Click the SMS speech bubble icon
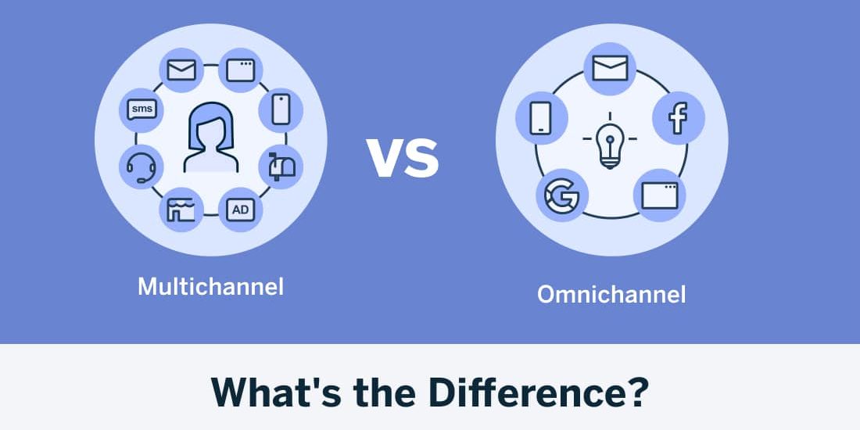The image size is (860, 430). coord(142,109)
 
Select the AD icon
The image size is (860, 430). coord(240,209)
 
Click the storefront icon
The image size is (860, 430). coord(181,209)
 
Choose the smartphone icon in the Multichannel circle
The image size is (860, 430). coord(281,109)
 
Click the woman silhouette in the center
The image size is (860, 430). coord(210,139)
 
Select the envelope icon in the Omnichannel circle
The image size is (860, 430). coord(610,67)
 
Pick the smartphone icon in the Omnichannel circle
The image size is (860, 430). coord(541,118)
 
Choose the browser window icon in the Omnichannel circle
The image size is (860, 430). coord(659,194)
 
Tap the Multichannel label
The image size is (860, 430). coord(210,286)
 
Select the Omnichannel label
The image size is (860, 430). coord(611,295)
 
